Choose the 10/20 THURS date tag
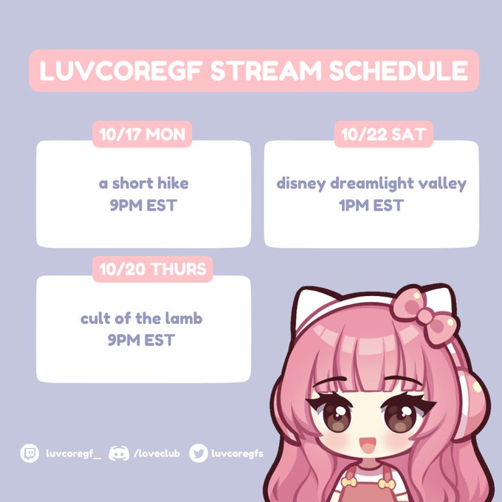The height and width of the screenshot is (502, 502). pyautogui.click(x=153, y=269)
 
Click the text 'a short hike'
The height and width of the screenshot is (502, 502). pyautogui.click(x=143, y=183)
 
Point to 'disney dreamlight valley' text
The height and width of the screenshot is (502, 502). pyautogui.click(x=371, y=183)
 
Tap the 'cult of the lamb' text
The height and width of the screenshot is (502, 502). pyautogui.click(x=142, y=319)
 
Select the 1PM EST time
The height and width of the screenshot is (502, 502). pyautogui.click(x=371, y=204)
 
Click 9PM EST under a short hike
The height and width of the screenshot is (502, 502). pyautogui.click(x=143, y=204)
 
